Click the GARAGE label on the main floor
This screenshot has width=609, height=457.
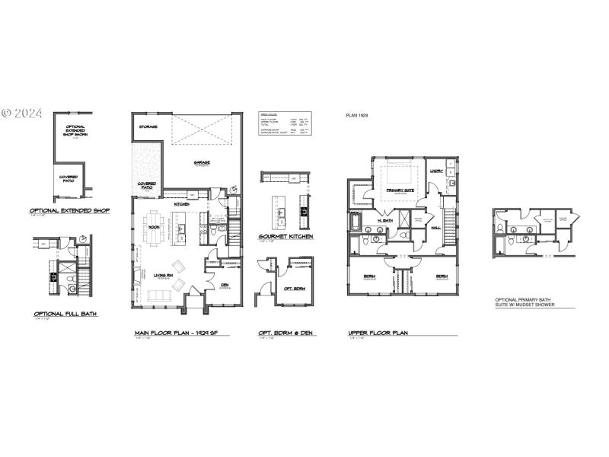coord(202,162)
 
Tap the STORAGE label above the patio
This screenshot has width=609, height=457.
coord(148,126)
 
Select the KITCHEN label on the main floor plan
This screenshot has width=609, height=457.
coord(182,204)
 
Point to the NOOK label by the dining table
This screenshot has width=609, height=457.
coord(154,227)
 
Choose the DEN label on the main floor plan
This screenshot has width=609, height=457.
coord(225,286)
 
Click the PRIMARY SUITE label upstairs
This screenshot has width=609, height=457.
coord(400,190)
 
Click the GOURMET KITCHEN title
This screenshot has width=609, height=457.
coord(286,237)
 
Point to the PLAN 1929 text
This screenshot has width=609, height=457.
coord(359,115)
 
